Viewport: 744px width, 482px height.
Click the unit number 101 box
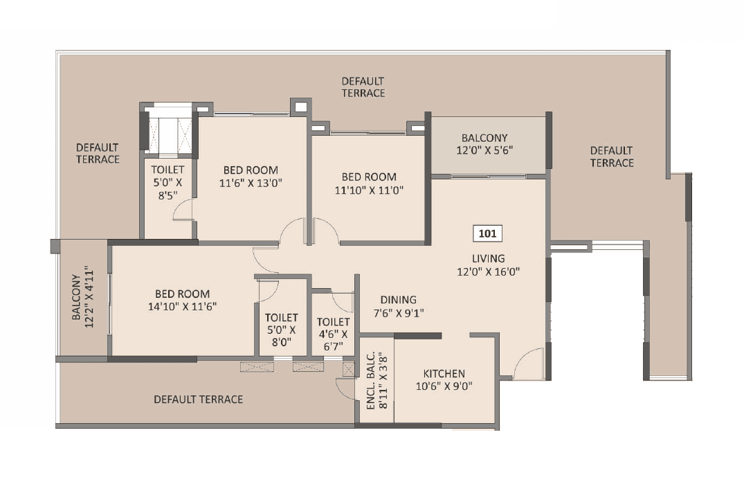tap(488, 233)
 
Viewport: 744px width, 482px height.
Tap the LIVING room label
tap(488, 259)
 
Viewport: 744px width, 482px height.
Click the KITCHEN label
tap(444, 373)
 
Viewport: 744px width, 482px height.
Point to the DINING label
tap(398, 300)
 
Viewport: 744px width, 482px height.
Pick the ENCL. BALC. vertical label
tap(370, 381)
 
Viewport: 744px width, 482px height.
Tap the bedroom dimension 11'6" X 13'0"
tap(251, 183)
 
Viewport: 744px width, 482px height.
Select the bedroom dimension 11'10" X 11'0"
tap(369, 189)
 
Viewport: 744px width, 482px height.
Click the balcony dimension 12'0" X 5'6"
tap(484, 150)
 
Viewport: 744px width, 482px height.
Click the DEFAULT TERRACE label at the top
tap(363, 87)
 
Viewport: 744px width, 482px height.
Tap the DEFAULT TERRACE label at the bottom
tap(198, 400)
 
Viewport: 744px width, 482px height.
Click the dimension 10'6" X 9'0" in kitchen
tap(444, 386)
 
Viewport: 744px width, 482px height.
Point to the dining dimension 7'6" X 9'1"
tap(398, 312)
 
